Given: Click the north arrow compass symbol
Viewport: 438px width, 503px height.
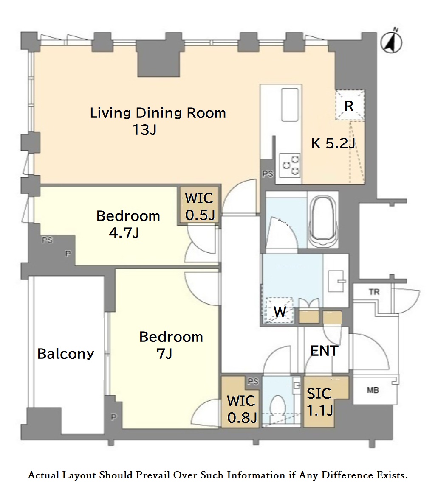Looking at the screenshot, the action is click(391, 42).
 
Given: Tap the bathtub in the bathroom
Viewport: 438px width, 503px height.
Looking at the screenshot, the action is click(322, 219).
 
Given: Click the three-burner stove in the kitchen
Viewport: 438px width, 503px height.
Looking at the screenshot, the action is click(290, 165).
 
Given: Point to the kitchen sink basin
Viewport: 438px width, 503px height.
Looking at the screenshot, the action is click(290, 105).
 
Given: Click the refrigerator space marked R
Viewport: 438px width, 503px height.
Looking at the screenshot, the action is click(350, 105).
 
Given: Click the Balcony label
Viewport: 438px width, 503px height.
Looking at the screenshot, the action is click(65, 354).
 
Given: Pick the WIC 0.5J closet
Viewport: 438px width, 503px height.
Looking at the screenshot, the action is click(199, 206).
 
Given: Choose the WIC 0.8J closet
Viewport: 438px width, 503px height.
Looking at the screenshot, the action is click(241, 402).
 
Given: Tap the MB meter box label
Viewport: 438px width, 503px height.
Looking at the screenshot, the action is click(373, 390).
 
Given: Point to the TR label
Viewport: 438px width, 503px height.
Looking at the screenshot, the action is click(374, 292).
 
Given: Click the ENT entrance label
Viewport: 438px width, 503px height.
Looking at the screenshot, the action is click(324, 351).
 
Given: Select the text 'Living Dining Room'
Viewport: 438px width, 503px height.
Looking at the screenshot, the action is click(158, 113).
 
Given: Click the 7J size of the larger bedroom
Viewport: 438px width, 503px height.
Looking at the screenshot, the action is click(164, 354).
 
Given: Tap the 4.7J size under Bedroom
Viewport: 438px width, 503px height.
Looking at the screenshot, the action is click(124, 233).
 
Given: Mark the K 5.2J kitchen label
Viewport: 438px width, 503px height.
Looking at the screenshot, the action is click(333, 143).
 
